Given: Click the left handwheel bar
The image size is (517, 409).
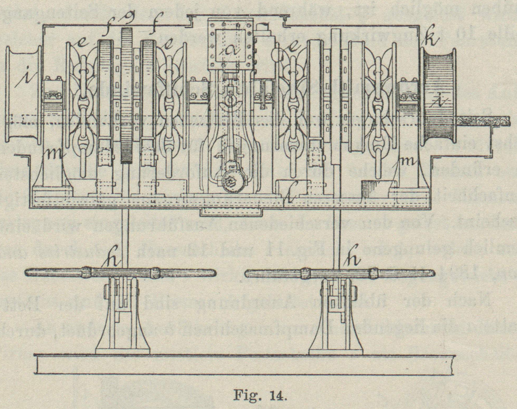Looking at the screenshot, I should click(121, 273).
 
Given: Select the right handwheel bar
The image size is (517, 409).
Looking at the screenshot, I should click(340, 273).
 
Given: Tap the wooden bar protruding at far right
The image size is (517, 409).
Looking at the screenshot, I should click(483, 121).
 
